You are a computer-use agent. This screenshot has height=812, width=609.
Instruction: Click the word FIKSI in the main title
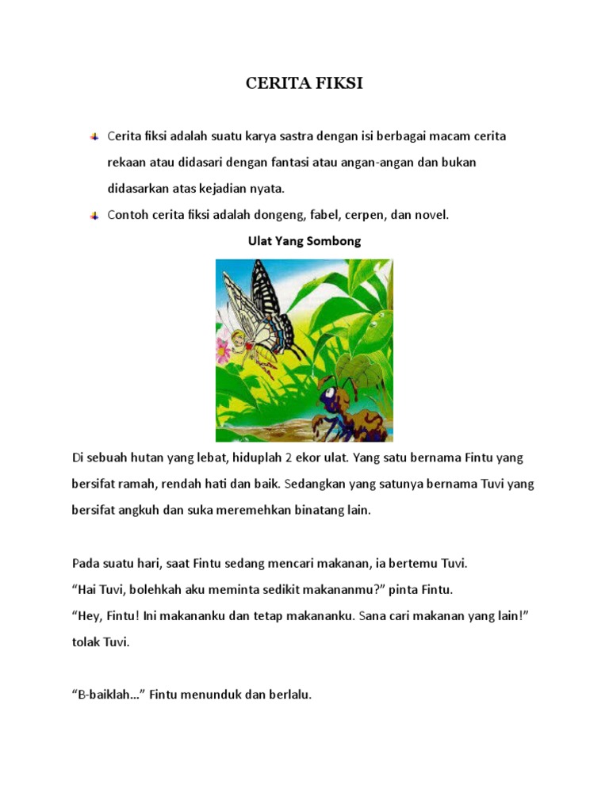pyautogui.click(x=337, y=83)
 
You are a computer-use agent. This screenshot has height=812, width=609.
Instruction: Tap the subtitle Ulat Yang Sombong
pyautogui.click(x=304, y=241)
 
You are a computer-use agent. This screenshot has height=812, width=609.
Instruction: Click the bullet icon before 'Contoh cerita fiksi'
pyautogui.click(x=94, y=215)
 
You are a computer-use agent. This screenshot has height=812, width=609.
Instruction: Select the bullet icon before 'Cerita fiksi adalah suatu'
pyautogui.click(x=94, y=136)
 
